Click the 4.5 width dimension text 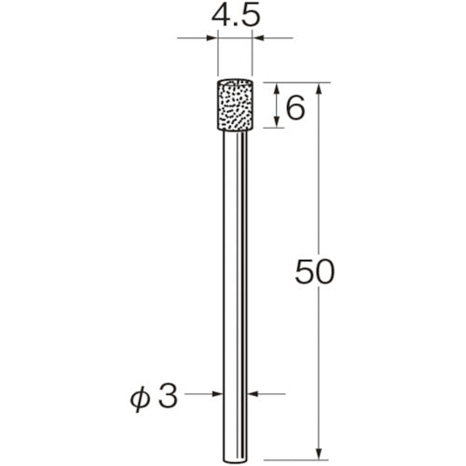tap(236, 16)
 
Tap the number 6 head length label tap(295, 109)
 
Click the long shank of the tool tap(237, 280)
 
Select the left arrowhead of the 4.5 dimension tap(212, 38)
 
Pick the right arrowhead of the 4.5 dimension tap(260, 38)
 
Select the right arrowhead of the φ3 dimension tap(254, 394)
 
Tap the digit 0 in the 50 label tap(322, 272)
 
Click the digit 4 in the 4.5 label tap(221, 16)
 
